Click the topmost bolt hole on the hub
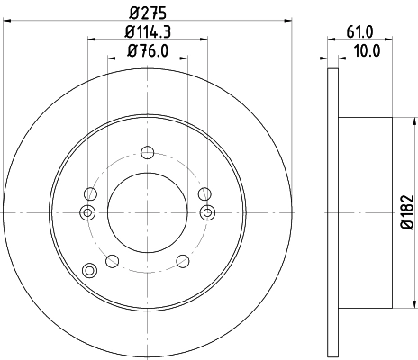tap(148, 150)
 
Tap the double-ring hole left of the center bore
tap(86, 212)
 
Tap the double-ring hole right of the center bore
tap(208, 212)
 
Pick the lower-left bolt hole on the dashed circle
tap(112, 261)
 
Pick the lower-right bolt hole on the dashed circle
tap(183, 261)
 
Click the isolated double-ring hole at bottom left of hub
tap(87, 270)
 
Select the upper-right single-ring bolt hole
tap(205, 193)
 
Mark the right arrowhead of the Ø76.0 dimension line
tap(186, 59)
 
